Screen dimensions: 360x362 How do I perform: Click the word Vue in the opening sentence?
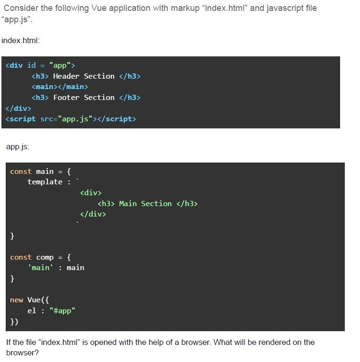pyautogui.click(x=99, y=8)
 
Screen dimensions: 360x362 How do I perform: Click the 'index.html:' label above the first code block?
pyautogui.click(x=20, y=41)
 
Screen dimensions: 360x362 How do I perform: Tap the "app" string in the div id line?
pyautogui.click(x=60, y=65)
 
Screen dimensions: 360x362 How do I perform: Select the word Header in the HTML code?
pyautogui.click(x=66, y=76)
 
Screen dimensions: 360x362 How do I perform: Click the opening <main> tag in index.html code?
pyautogui.click(x=45, y=87)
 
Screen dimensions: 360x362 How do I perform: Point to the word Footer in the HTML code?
pyautogui.click(x=66, y=98)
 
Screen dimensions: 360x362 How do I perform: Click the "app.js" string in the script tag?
pyautogui.click(x=75, y=119)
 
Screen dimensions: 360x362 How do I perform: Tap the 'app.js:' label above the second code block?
pyautogui.click(x=18, y=147)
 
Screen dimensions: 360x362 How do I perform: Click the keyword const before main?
pyautogui.click(x=21, y=172)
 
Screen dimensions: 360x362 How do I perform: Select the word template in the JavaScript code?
pyautogui.click(x=45, y=182)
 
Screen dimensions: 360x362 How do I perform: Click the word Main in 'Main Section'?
pyautogui.click(x=127, y=204)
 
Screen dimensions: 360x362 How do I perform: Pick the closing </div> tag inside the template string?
pyautogui.click(x=93, y=214)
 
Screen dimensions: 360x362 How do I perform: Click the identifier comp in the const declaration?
pyautogui.click(x=45, y=257)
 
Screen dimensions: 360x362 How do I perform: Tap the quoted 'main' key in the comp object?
pyautogui.click(x=40, y=268)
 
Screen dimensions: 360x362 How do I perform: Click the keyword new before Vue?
pyautogui.click(x=17, y=300)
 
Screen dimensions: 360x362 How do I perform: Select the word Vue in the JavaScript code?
pyautogui.click(x=34, y=300)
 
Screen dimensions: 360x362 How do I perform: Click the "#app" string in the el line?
pyautogui.click(x=63, y=311)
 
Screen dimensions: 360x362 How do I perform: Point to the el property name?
pyautogui.click(x=32, y=311)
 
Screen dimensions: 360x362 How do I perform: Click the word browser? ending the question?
pyautogui.click(x=22, y=353)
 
